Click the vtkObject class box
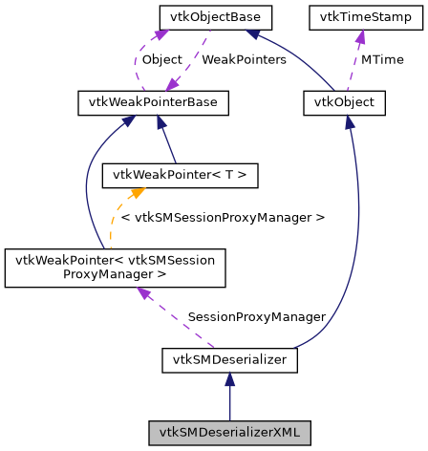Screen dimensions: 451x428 (x=344, y=102)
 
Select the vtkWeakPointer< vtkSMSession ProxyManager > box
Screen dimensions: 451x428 (x=115, y=268)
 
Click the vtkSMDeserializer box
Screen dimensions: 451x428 (x=229, y=360)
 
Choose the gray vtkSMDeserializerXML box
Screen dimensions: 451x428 (x=229, y=432)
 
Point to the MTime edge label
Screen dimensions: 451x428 (x=381, y=59)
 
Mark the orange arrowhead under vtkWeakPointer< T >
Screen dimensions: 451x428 (x=124, y=193)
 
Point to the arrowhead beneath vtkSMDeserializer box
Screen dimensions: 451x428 (x=229, y=380)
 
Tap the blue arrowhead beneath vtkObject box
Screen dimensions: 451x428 (x=350, y=122)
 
